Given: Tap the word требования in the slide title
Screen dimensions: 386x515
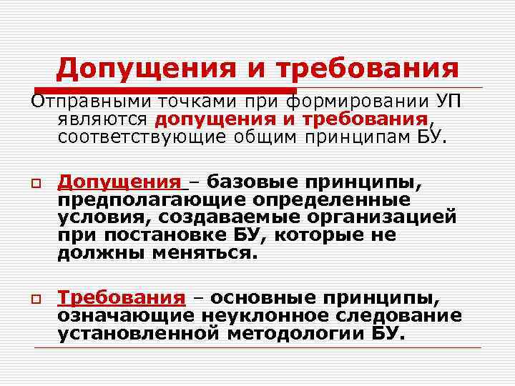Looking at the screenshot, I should coord(366,69).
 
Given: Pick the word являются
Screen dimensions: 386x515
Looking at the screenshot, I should coord(102,118).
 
